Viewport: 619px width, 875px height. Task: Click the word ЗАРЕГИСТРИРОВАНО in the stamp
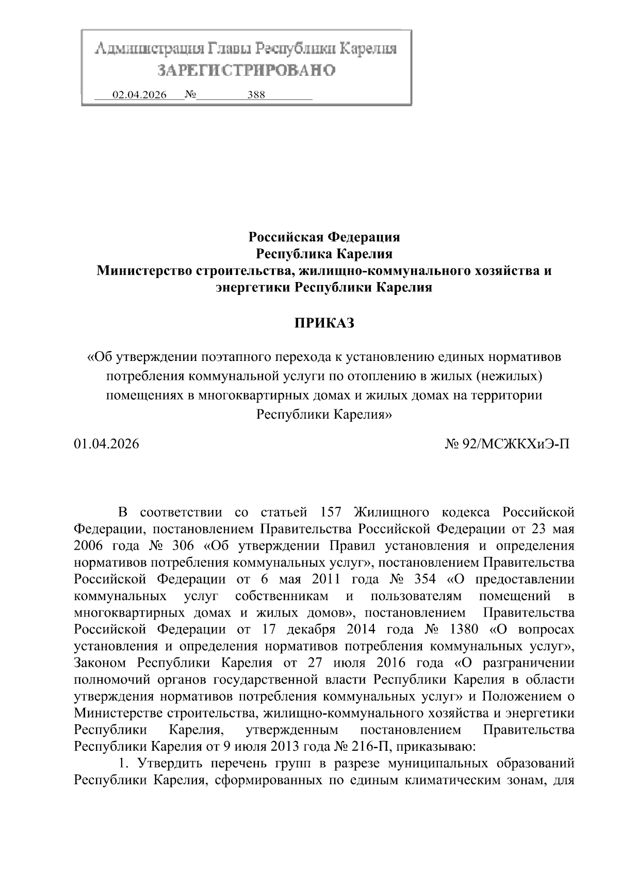(246, 70)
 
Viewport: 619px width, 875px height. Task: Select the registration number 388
(256, 95)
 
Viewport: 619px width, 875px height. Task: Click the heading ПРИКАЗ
(324, 323)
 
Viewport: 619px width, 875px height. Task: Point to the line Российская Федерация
(324, 237)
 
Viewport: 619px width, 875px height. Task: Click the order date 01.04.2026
(106, 443)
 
